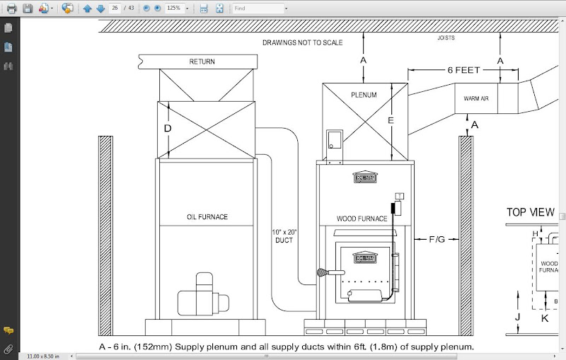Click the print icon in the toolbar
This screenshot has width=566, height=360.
[11, 8]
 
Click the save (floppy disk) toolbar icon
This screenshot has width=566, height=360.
[28, 8]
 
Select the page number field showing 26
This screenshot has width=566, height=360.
[115, 8]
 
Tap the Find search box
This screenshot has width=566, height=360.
[259, 8]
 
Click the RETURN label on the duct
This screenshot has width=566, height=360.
[202, 62]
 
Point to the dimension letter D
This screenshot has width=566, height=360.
[168, 129]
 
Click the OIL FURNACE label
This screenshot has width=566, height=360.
[207, 217]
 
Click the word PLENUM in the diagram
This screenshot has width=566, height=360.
[364, 95]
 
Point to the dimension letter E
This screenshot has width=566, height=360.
[390, 121]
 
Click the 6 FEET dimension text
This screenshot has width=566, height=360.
[463, 70]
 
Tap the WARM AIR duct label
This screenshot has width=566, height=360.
[476, 99]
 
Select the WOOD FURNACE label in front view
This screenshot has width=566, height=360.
[362, 219]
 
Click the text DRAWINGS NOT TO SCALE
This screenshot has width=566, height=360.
[302, 42]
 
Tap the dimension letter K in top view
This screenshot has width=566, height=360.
[545, 318]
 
